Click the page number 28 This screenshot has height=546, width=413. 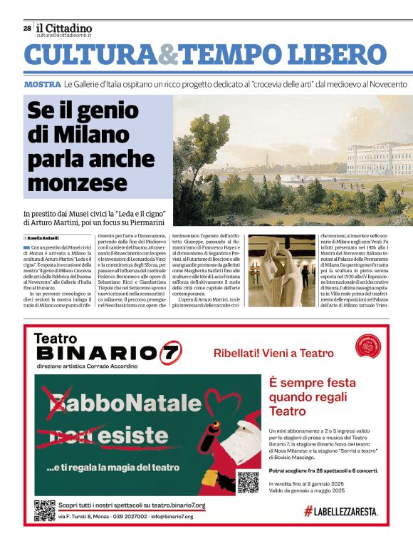(26, 29)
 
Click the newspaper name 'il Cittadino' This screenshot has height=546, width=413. (64, 28)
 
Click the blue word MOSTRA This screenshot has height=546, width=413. (42, 85)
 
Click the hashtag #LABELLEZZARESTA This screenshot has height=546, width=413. (340, 511)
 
